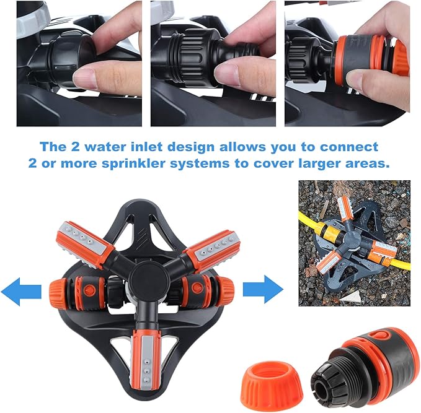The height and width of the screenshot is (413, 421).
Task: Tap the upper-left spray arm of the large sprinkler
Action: click(x=83, y=245)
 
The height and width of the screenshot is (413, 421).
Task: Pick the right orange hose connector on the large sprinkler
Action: click(x=218, y=289)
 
